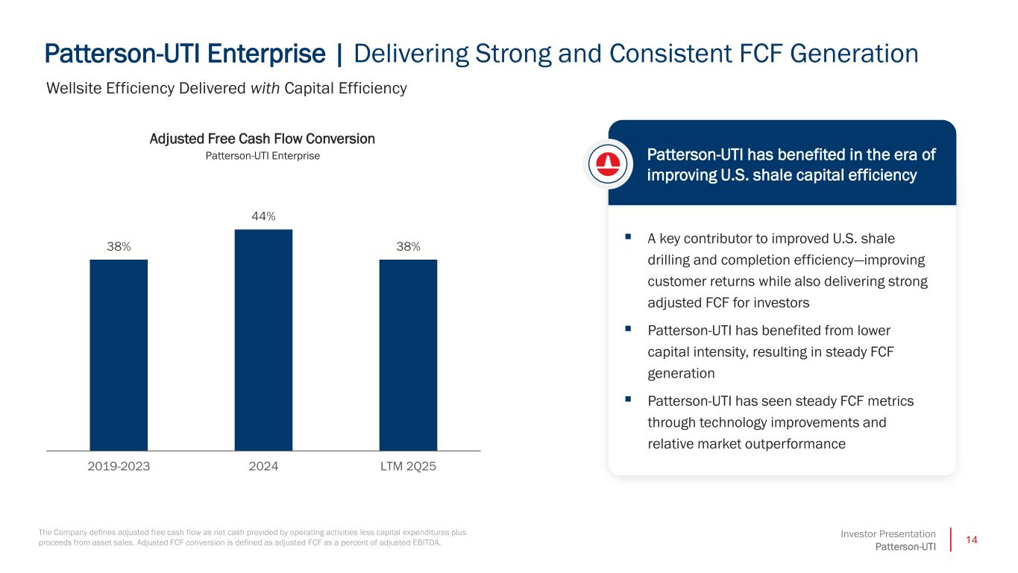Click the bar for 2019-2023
click(x=119, y=354)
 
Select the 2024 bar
click(x=263, y=339)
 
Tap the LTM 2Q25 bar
click(x=408, y=354)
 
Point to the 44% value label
click(x=263, y=216)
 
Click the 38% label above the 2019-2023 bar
click(x=119, y=247)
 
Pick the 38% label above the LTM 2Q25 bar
click(x=408, y=247)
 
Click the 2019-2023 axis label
click(x=119, y=466)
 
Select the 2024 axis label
click(x=263, y=466)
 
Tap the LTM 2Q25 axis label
click(x=408, y=466)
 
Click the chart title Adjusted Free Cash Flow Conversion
click(x=263, y=139)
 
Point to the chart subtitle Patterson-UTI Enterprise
click(x=263, y=156)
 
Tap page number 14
click(x=970, y=539)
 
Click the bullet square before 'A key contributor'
click(x=629, y=237)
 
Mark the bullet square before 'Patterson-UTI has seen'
click(x=629, y=400)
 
